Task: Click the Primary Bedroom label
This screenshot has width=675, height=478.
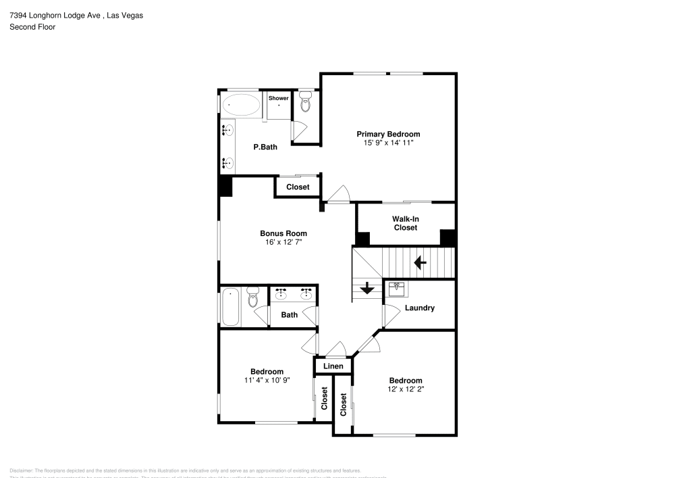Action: [x=388, y=134]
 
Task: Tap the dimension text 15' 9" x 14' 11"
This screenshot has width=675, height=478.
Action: [x=388, y=143]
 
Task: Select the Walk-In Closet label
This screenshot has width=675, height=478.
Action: [x=405, y=223]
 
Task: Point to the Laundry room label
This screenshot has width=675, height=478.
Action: [x=419, y=308]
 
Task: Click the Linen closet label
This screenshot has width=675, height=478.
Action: [x=333, y=366]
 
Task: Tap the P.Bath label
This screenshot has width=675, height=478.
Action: [x=265, y=147]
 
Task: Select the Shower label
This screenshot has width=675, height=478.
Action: [x=279, y=99]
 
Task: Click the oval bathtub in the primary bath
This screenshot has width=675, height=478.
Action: [x=241, y=105]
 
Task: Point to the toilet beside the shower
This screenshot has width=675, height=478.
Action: [x=306, y=103]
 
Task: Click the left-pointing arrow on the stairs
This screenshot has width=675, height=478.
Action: [x=420, y=262]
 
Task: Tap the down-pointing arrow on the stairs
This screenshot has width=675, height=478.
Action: [x=367, y=288]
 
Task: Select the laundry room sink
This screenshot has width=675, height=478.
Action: [x=396, y=289]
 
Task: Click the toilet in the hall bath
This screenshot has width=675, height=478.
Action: [x=253, y=297]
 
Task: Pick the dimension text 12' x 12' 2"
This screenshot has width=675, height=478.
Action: [x=405, y=389]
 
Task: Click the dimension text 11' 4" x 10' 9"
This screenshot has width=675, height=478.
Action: [x=267, y=380]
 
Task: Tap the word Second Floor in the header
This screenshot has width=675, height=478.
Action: [x=32, y=27]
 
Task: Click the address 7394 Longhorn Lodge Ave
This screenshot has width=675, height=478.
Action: [x=54, y=15]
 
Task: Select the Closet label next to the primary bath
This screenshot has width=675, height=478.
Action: [x=298, y=187]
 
